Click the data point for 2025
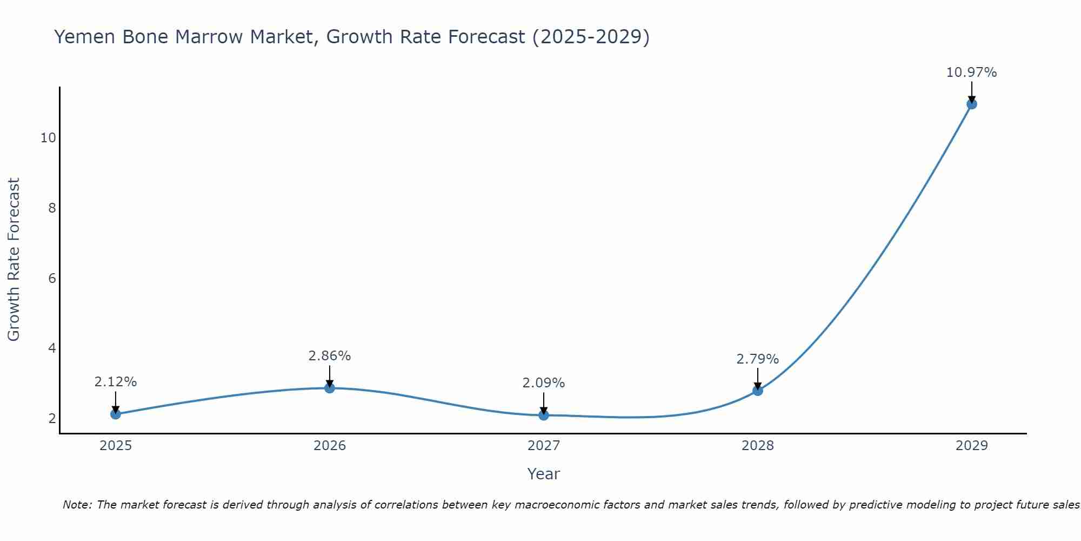click(x=115, y=414)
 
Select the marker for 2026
click(x=330, y=388)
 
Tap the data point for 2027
click(x=544, y=415)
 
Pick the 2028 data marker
click(x=758, y=390)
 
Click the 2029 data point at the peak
click(x=972, y=104)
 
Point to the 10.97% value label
click(x=971, y=72)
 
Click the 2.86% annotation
click(x=330, y=356)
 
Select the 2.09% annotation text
click(x=544, y=383)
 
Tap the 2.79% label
click(x=758, y=359)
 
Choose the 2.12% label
click(x=115, y=382)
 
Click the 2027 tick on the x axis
click(x=544, y=446)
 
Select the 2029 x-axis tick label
click(x=972, y=446)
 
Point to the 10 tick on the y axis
click(x=48, y=138)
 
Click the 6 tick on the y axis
click(x=52, y=278)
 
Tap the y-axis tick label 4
click(x=52, y=348)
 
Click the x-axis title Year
click(x=544, y=474)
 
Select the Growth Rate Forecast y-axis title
click(x=14, y=260)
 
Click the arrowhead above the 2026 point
click(x=330, y=383)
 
